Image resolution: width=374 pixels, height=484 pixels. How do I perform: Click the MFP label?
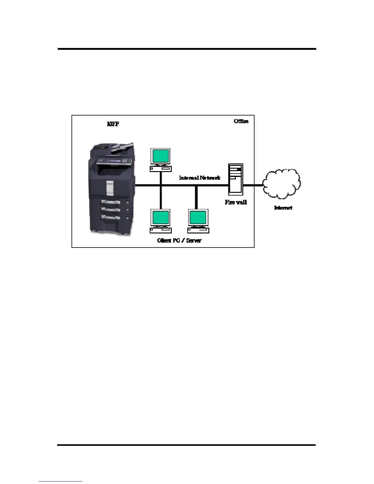tap(113, 124)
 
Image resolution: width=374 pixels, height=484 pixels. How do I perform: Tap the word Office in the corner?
tap(241, 121)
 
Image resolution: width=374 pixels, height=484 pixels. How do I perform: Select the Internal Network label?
tap(200, 178)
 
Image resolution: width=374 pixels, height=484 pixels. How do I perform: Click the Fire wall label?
tap(236, 202)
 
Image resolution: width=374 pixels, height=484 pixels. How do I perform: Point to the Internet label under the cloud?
tap(283, 208)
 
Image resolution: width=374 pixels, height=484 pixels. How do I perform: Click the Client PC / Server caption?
tap(179, 240)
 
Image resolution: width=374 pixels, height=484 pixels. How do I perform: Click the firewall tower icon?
tap(236, 179)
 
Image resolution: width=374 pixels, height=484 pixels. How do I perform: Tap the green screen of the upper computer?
tap(160, 156)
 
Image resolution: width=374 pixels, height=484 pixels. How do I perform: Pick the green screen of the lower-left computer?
tap(160, 217)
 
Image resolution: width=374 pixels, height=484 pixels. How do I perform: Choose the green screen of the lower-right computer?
tap(198, 217)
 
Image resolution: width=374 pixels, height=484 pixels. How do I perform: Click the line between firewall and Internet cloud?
tap(253, 185)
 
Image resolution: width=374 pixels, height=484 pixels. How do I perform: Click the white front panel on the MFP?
tap(110, 188)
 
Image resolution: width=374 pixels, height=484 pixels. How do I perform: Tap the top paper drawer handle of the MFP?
tap(111, 202)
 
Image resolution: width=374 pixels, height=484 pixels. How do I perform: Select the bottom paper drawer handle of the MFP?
tap(111, 218)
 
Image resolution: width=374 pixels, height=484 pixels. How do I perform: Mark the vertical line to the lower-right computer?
tap(196, 197)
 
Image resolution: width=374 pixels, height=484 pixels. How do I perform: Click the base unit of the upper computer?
tap(160, 168)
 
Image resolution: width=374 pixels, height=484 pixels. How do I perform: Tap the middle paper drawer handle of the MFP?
tap(111, 210)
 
